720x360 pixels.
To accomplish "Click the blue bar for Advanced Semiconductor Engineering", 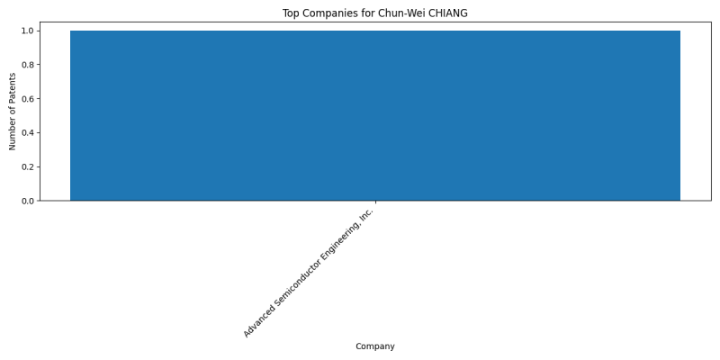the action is [375, 116].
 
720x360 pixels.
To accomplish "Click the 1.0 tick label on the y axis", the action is [28, 31].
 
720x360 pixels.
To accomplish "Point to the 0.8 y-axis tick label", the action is [28, 65].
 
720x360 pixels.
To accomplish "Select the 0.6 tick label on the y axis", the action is [28, 99].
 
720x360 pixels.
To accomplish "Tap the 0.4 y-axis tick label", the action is [28, 132].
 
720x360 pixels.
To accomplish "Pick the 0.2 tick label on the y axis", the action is [28, 166].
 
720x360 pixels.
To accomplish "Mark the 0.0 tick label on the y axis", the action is [28, 201].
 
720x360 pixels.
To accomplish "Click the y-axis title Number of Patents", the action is [13, 111].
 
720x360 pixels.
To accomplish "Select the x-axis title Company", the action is [375, 346].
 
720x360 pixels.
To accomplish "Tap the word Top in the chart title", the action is [290, 13].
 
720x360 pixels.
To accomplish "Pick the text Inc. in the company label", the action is [367, 214].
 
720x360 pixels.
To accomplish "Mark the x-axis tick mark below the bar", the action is [375, 202].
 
